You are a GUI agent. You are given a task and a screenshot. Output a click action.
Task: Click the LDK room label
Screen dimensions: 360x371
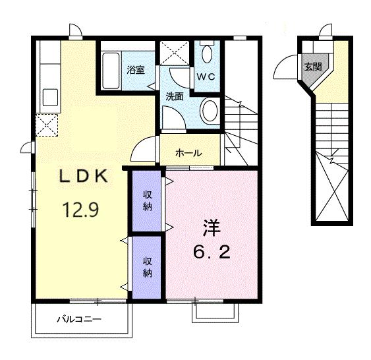tap(83, 176)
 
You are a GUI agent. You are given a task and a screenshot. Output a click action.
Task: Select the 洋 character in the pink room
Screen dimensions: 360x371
tap(211, 227)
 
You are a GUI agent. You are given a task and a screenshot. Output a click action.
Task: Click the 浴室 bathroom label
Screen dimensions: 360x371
tap(136, 69)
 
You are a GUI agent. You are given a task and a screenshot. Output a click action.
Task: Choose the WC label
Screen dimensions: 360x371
tap(206, 75)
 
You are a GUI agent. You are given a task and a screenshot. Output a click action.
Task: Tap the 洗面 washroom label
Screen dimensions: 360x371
tap(175, 96)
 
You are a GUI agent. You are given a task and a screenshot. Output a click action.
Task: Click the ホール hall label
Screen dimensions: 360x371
tap(188, 153)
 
